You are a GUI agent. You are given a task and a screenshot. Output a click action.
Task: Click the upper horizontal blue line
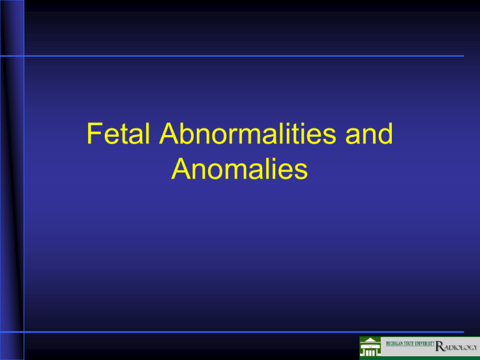pyautogui.click(x=250, y=56)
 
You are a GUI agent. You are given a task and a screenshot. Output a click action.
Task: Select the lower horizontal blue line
pyautogui.click(x=250, y=332)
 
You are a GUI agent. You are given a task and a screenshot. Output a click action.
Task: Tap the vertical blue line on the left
pyautogui.click(x=24, y=187)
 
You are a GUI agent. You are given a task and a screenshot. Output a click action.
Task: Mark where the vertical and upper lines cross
pyautogui.click(x=24, y=56)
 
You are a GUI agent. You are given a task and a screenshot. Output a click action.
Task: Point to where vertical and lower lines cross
pyautogui.click(x=24, y=332)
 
